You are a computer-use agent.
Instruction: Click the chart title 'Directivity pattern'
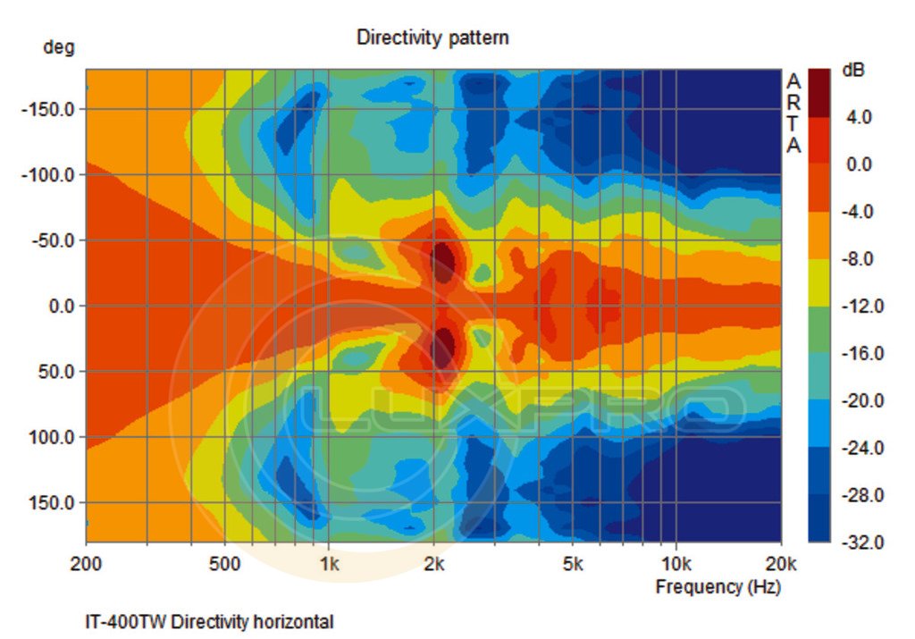click(432, 38)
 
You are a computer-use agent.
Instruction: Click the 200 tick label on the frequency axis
click(86, 564)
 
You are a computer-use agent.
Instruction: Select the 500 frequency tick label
click(224, 564)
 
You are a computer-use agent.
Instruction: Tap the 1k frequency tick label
click(329, 564)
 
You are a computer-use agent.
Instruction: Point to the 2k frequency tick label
click(434, 564)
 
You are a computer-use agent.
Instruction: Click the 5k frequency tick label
click(573, 564)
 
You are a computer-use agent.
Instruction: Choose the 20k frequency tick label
click(781, 564)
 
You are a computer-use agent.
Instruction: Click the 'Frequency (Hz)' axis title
click(718, 587)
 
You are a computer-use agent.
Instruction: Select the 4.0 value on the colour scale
click(859, 117)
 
